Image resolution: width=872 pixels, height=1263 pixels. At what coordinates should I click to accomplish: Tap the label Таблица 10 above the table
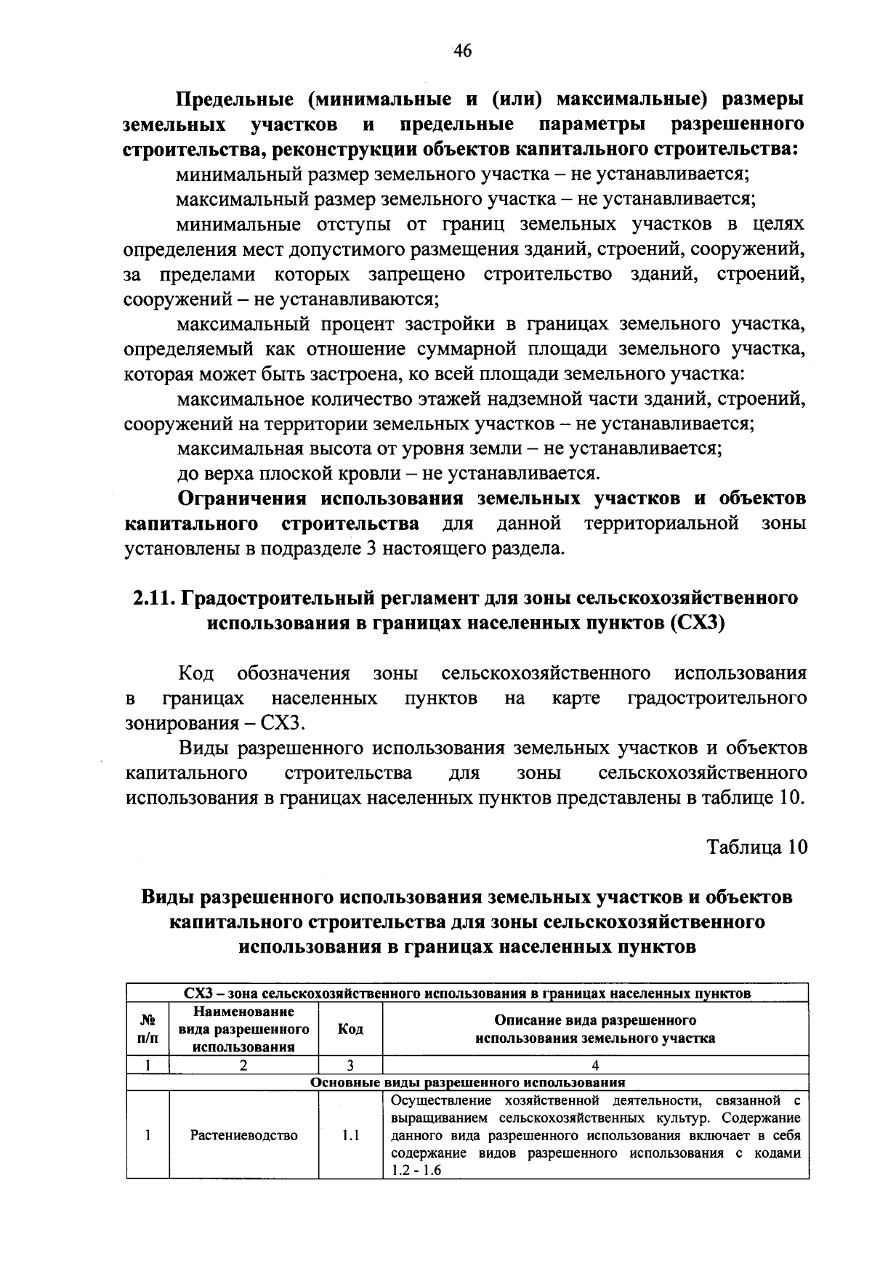[756, 847]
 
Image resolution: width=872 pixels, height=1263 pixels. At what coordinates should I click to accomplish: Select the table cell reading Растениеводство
[243, 1136]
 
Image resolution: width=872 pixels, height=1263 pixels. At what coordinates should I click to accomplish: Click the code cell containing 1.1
[350, 1136]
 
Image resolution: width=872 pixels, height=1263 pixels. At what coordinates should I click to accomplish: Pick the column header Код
[350, 1029]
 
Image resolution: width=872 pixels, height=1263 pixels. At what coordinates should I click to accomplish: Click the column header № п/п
[147, 1029]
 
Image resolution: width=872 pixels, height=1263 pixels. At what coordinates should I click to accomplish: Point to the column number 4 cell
[595, 1066]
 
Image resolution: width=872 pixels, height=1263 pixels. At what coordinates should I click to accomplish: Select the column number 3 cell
[350, 1066]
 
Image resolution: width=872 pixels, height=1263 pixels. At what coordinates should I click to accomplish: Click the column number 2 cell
[243, 1066]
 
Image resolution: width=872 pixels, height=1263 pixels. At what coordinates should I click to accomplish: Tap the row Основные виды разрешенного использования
[467, 1082]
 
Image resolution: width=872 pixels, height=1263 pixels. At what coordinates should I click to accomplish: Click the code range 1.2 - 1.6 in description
[416, 1171]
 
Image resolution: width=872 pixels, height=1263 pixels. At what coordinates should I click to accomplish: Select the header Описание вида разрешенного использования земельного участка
[595, 1029]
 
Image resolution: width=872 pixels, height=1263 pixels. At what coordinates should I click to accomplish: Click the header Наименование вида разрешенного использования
[243, 1029]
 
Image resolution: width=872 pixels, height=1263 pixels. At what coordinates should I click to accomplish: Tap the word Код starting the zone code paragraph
[195, 674]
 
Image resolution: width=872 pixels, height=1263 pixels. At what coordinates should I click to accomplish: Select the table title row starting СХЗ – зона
[467, 993]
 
